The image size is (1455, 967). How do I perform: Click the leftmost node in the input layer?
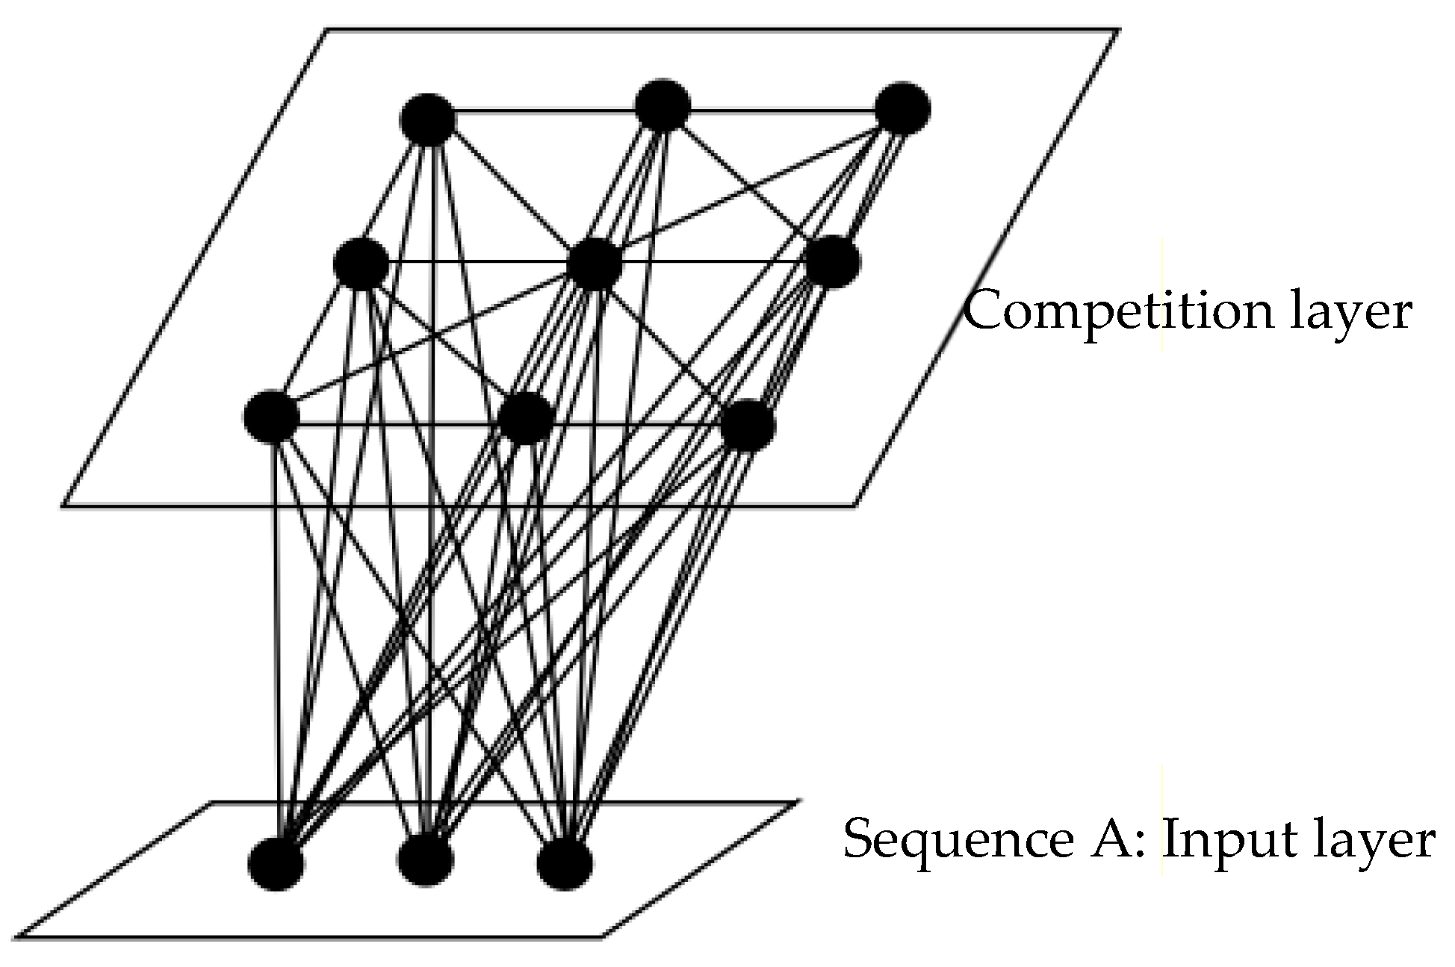(276, 864)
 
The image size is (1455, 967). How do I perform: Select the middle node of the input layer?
(425, 860)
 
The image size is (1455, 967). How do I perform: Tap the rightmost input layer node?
(565, 864)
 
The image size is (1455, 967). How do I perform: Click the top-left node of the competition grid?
(428, 119)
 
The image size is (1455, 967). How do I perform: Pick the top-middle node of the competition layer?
(663, 105)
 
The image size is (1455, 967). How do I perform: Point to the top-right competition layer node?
(902, 109)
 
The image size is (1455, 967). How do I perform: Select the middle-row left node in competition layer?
(362, 264)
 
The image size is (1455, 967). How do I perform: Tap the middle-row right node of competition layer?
(833, 262)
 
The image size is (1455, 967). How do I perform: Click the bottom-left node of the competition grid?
(271, 416)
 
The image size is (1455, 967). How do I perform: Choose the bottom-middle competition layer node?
(526, 417)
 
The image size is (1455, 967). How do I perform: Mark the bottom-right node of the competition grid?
(748, 425)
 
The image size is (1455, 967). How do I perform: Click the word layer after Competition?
(1350, 312)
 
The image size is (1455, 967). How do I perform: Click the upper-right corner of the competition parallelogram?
(1117, 31)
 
